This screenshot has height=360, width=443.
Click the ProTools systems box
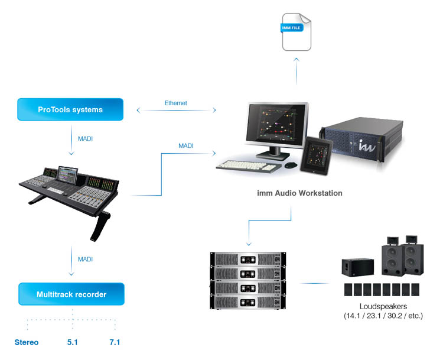70,109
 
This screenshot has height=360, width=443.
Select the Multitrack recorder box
71,294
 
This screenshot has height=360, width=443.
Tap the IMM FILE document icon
296,33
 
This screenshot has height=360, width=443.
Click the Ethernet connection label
175,103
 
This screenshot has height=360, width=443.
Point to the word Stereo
27,342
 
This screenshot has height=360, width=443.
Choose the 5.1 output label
73,342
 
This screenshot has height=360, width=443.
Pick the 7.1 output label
114,342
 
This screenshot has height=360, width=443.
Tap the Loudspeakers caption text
383,306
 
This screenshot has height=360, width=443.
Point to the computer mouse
290,165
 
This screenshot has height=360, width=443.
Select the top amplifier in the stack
248,260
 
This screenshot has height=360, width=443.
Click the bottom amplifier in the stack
248,301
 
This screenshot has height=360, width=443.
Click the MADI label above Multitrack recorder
85,259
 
